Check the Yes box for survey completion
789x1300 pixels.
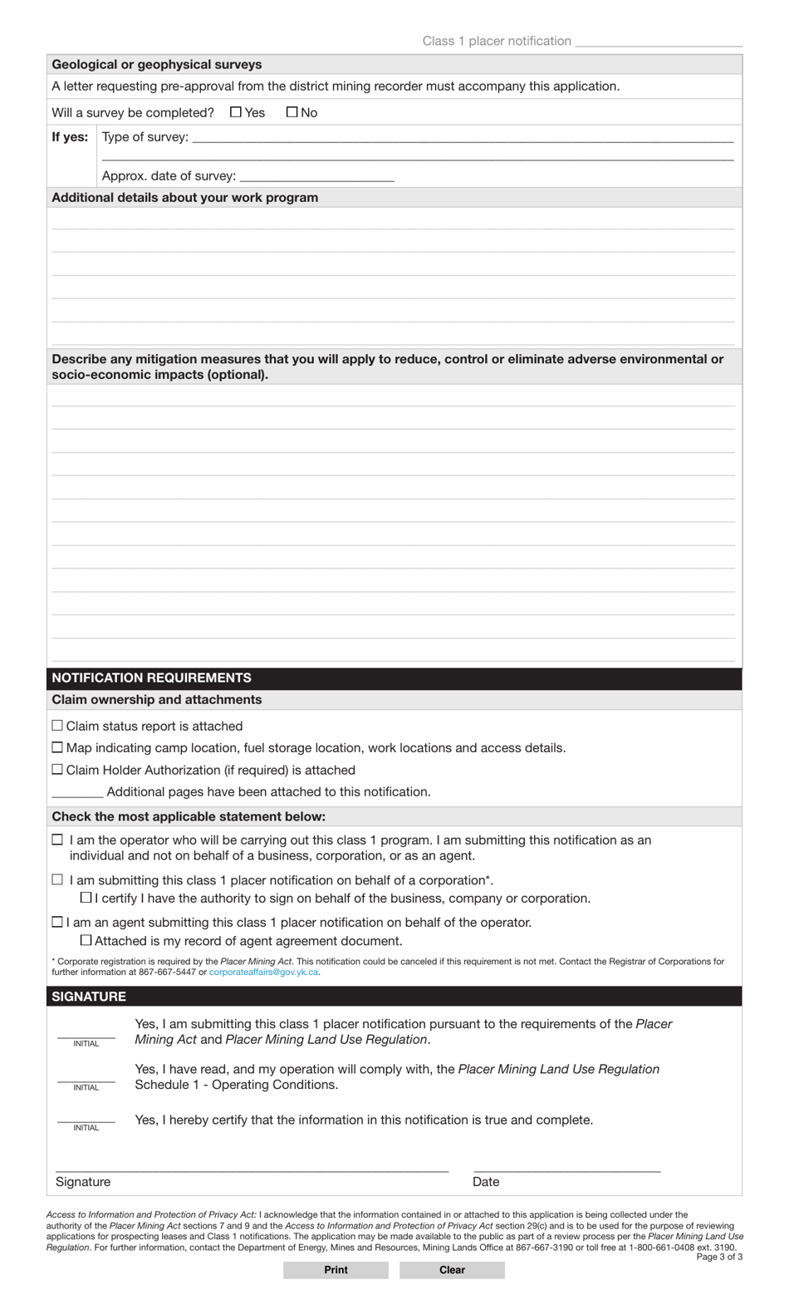coord(236,112)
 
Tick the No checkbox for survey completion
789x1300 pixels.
coord(292,112)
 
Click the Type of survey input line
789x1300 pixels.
coord(462,137)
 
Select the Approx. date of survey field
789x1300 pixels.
coord(316,176)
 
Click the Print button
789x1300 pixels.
coord(336,1269)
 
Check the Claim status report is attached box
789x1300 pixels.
coord(57,726)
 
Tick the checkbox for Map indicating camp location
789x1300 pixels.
coord(57,748)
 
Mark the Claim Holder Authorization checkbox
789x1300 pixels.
coord(57,770)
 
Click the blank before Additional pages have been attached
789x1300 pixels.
coord(77,791)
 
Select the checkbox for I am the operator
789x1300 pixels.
coord(57,840)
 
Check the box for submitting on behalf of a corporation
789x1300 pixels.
coord(57,879)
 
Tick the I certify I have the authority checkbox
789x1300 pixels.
coord(86,898)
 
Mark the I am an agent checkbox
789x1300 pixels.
coord(57,922)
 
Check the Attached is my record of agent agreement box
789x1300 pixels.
coord(86,940)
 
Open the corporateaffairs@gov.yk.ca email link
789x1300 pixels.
coord(263,972)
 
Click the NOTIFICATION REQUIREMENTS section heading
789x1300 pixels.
coord(151,677)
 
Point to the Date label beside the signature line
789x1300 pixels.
coord(486,1181)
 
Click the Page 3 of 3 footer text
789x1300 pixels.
coord(718,1257)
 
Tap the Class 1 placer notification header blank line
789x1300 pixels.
coord(658,41)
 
